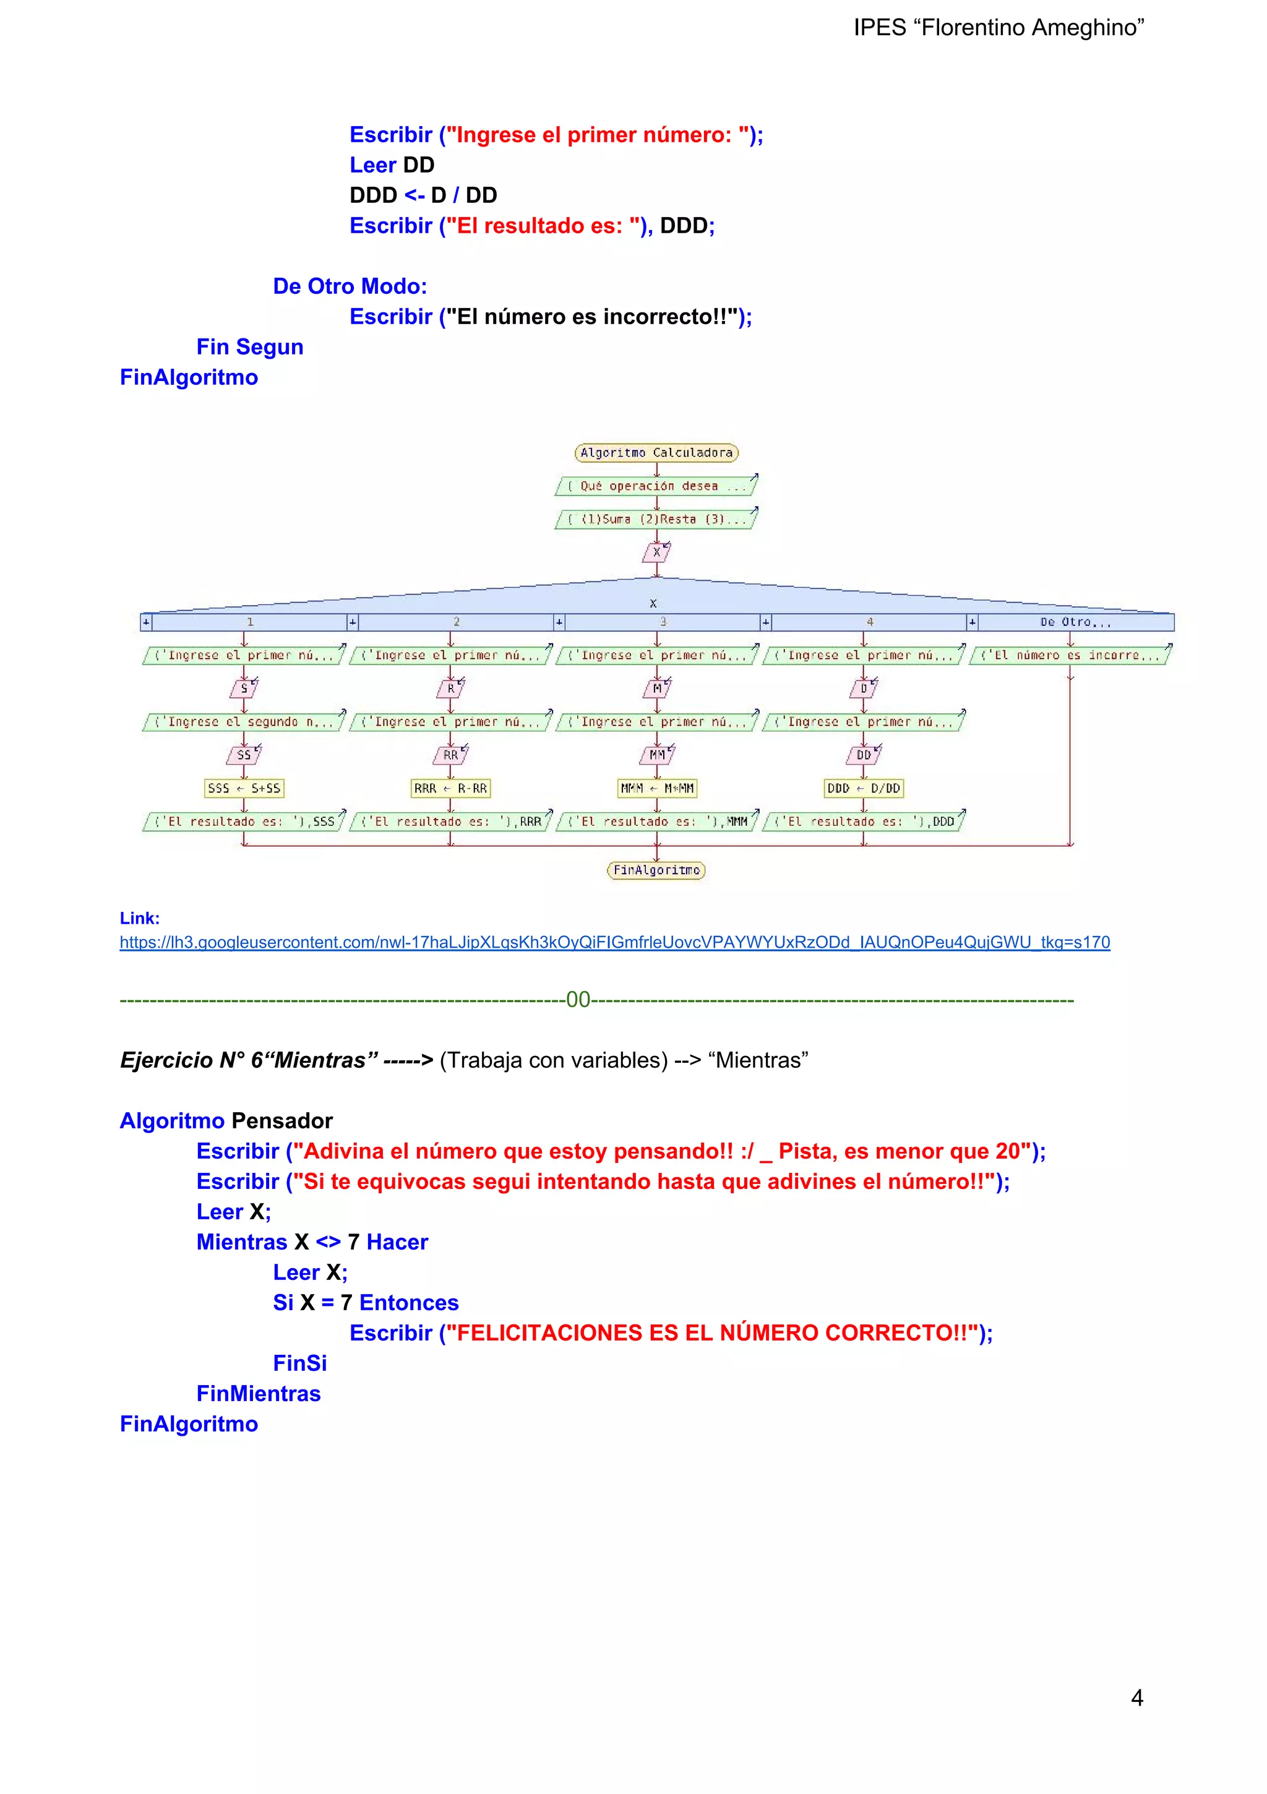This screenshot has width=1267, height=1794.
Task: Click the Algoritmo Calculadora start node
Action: pyautogui.click(x=656, y=452)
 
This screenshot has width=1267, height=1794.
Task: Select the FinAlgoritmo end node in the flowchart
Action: pyautogui.click(x=656, y=870)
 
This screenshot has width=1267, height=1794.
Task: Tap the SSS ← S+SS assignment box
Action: pyautogui.click(x=244, y=788)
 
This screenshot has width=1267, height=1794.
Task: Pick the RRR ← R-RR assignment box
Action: pyautogui.click(x=450, y=788)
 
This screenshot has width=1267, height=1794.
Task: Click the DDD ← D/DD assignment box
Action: pyautogui.click(x=863, y=788)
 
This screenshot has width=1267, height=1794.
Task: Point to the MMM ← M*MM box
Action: pyautogui.click(x=656, y=788)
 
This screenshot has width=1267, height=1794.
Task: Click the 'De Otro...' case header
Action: pyautogui.click(x=1075, y=622)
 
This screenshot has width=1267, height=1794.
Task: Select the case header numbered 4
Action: pyautogui.click(x=869, y=622)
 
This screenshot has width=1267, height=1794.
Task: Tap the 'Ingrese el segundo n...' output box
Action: pyautogui.click(x=244, y=721)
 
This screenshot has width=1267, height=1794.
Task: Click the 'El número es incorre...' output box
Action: pyautogui.click(x=1070, y=655)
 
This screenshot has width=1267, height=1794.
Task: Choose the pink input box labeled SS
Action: pyautogui.click(x=244, y=755)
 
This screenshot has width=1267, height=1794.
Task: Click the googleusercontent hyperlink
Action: pyautogui.click(x=614, y=942)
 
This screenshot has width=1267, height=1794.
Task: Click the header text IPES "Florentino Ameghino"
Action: pyautogui.click(x=998, y=28)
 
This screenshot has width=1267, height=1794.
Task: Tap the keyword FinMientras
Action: pyautogui.click(x=259, y=1393)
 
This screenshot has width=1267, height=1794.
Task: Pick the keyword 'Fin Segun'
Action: pyautogui.click(x=249, y=347)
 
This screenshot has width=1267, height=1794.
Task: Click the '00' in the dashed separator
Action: pyautogui.click(x=578, y=999)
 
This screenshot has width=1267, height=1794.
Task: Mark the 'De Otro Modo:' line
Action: pyautogui.click(x=350, y=286)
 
